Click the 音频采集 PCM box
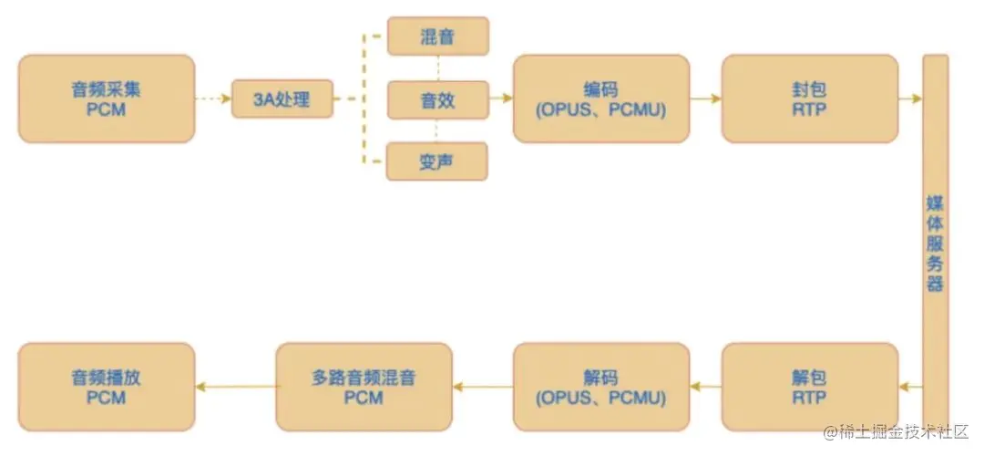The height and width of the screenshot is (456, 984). coord(107,98)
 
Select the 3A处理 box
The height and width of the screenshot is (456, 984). coord(282,98)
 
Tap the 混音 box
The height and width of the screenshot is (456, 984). coord(437,37)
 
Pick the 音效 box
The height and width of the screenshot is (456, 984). coord(437,99)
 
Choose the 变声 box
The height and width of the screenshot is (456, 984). coord(437,161)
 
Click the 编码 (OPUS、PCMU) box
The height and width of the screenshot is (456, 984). coord(600,98)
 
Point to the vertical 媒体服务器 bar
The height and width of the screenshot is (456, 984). coord(935,237)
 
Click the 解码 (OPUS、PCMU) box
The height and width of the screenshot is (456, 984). coord(600,387)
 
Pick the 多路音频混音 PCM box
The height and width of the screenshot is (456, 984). coord(364,387)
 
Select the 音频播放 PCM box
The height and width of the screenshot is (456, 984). coord(107,387)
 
